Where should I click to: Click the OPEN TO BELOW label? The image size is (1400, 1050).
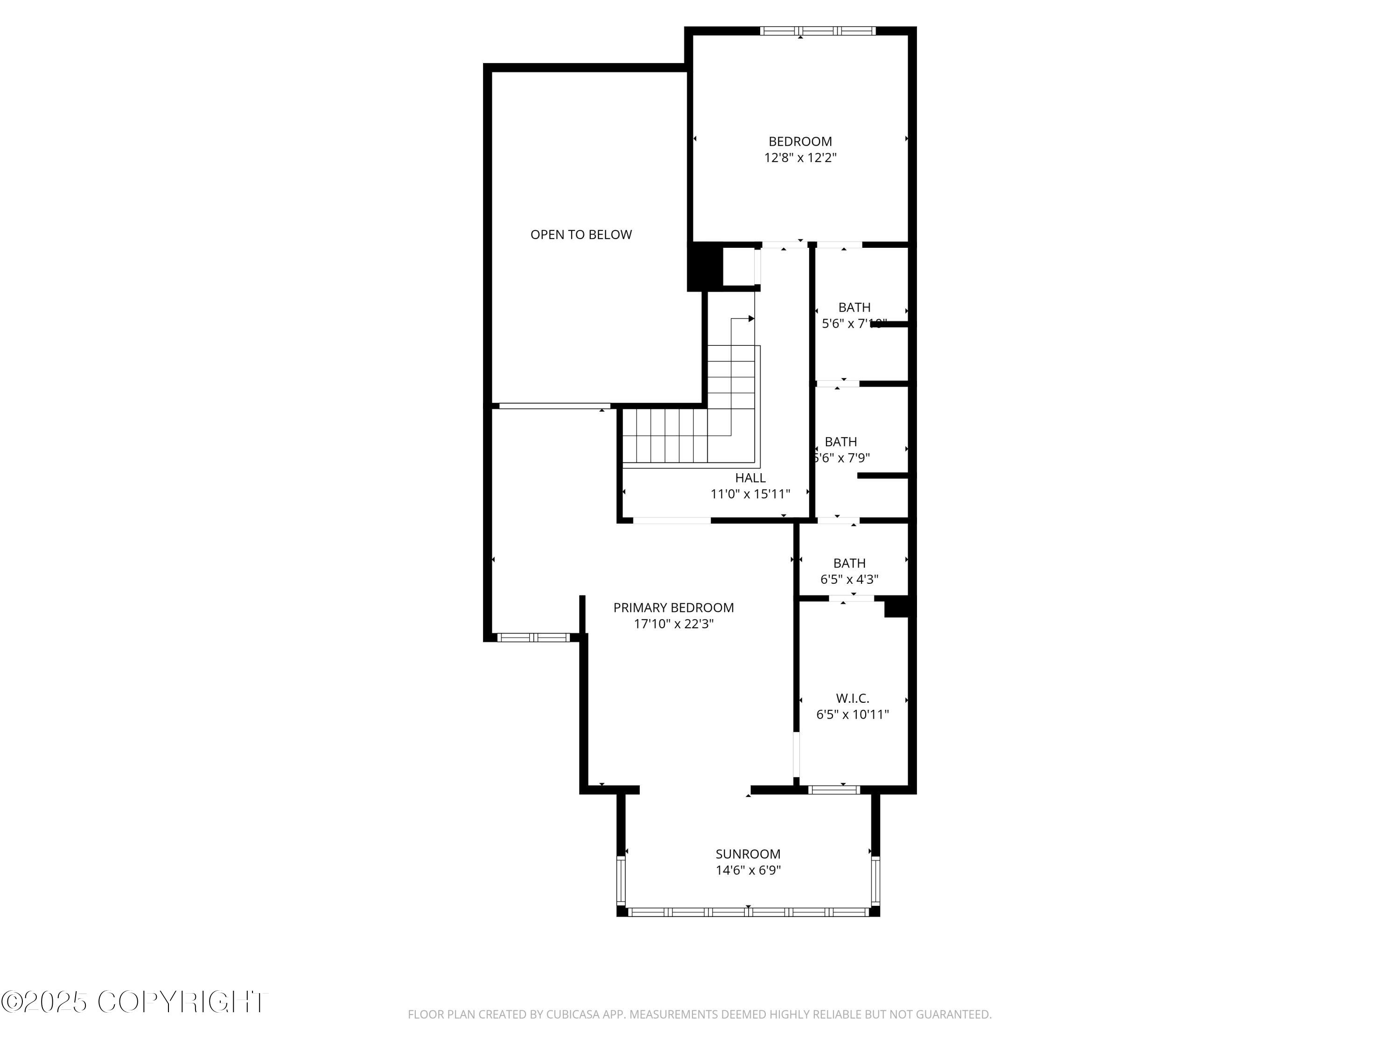581,235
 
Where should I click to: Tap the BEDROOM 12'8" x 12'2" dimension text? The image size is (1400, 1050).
800,158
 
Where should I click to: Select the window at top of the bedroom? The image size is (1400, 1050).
817,30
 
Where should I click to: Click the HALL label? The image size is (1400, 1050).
750,478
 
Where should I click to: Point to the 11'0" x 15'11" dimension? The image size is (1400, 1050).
750,494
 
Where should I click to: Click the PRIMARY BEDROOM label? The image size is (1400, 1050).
673,608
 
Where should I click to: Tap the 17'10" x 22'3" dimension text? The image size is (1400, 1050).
673,624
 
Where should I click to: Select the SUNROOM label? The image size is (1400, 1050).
748,854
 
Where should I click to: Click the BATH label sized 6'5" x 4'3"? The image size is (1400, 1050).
849,563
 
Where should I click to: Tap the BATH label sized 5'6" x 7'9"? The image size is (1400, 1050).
840,442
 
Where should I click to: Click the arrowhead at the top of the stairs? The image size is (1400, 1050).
751,318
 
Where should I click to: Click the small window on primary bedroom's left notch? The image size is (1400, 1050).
533,637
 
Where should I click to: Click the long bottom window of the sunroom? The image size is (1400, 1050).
748,912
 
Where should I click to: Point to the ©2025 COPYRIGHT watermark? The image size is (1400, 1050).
134,1002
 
